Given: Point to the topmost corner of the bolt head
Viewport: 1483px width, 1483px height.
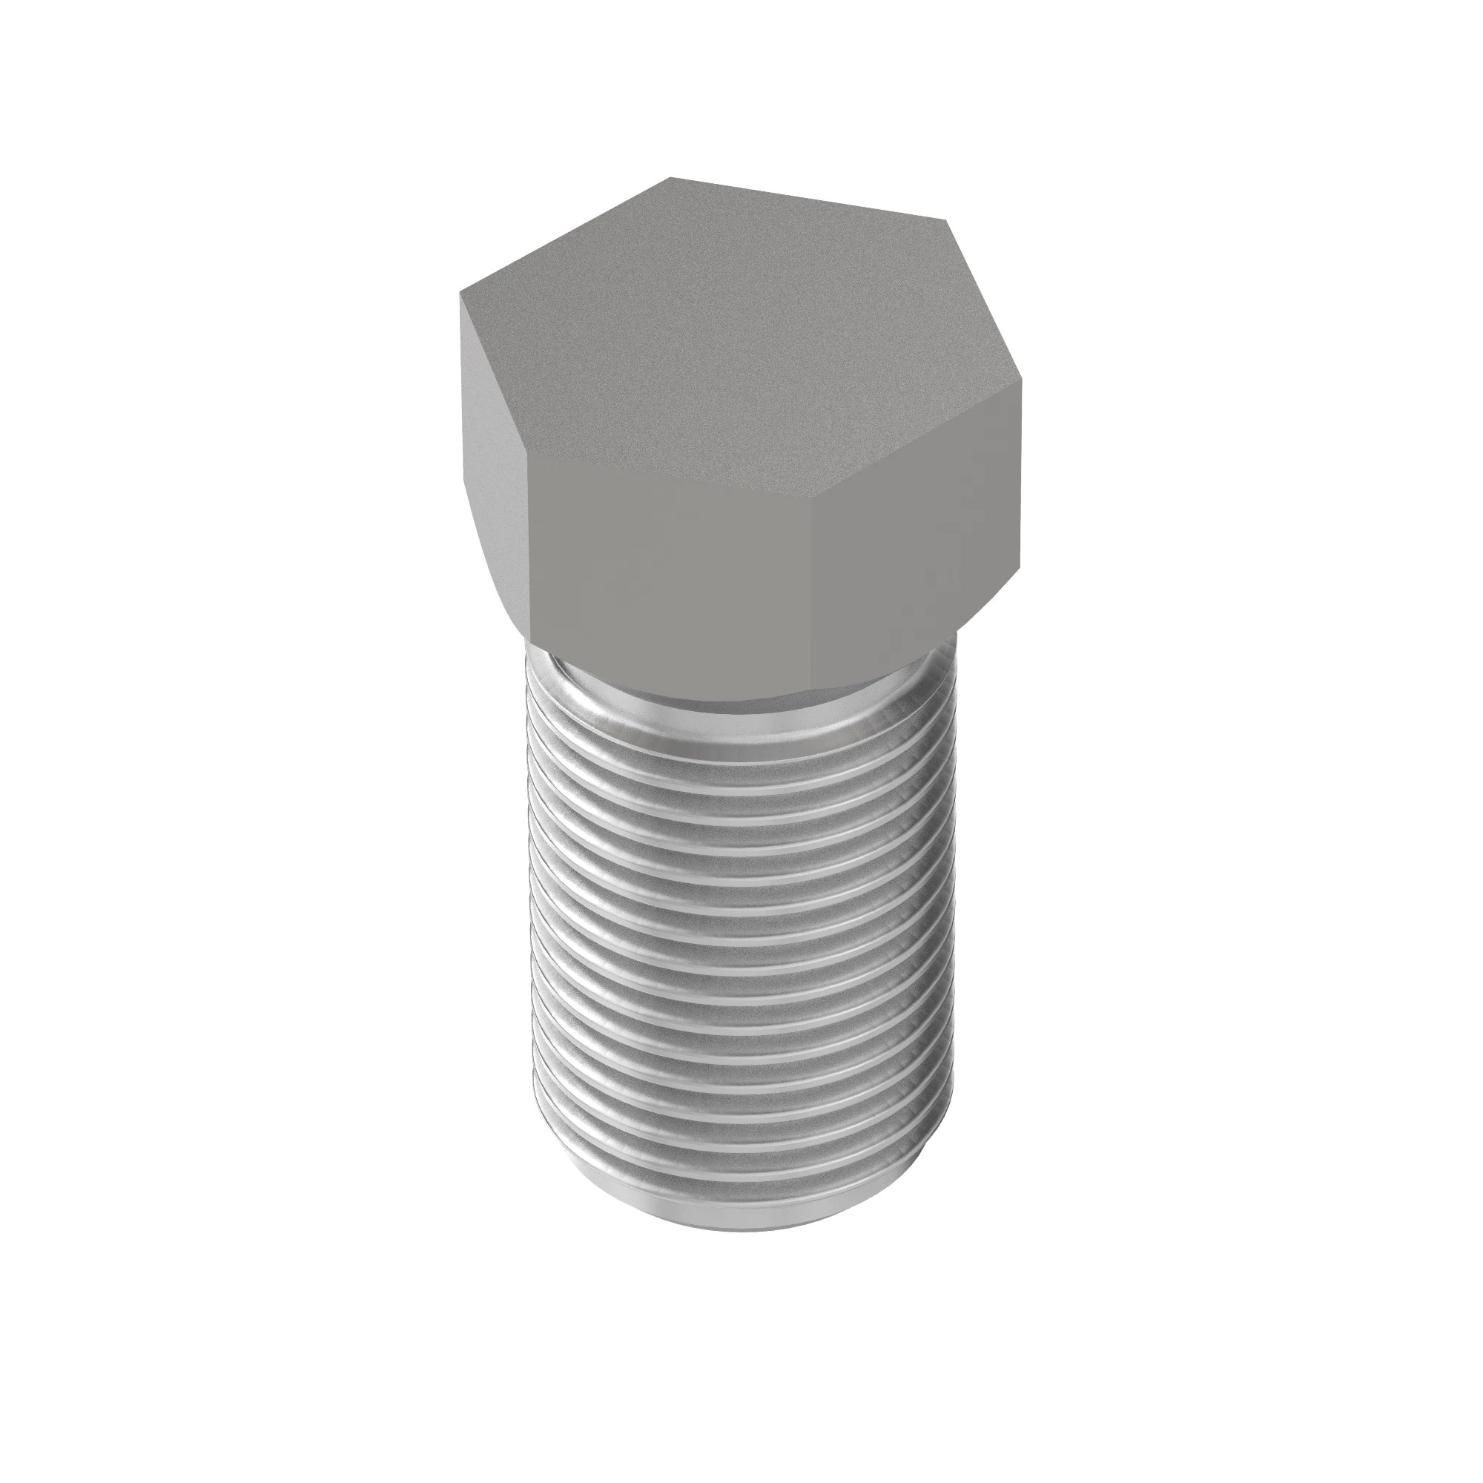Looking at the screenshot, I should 670,178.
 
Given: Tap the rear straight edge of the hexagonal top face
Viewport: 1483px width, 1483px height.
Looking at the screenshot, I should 806,199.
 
